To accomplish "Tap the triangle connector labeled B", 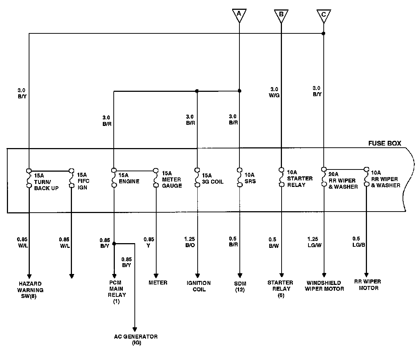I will [281, 15].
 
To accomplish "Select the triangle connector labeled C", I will [323, 15].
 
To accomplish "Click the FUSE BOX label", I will [385, 143].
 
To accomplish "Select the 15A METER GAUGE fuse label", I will [172, 179].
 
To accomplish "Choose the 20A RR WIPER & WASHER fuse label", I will [343, 180].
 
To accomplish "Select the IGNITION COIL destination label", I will [198, 286].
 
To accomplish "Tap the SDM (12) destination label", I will [240, 286].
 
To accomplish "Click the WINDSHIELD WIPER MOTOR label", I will [324, 286].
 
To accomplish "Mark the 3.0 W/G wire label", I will [274, 92].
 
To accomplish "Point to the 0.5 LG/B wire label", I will [359, 242].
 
